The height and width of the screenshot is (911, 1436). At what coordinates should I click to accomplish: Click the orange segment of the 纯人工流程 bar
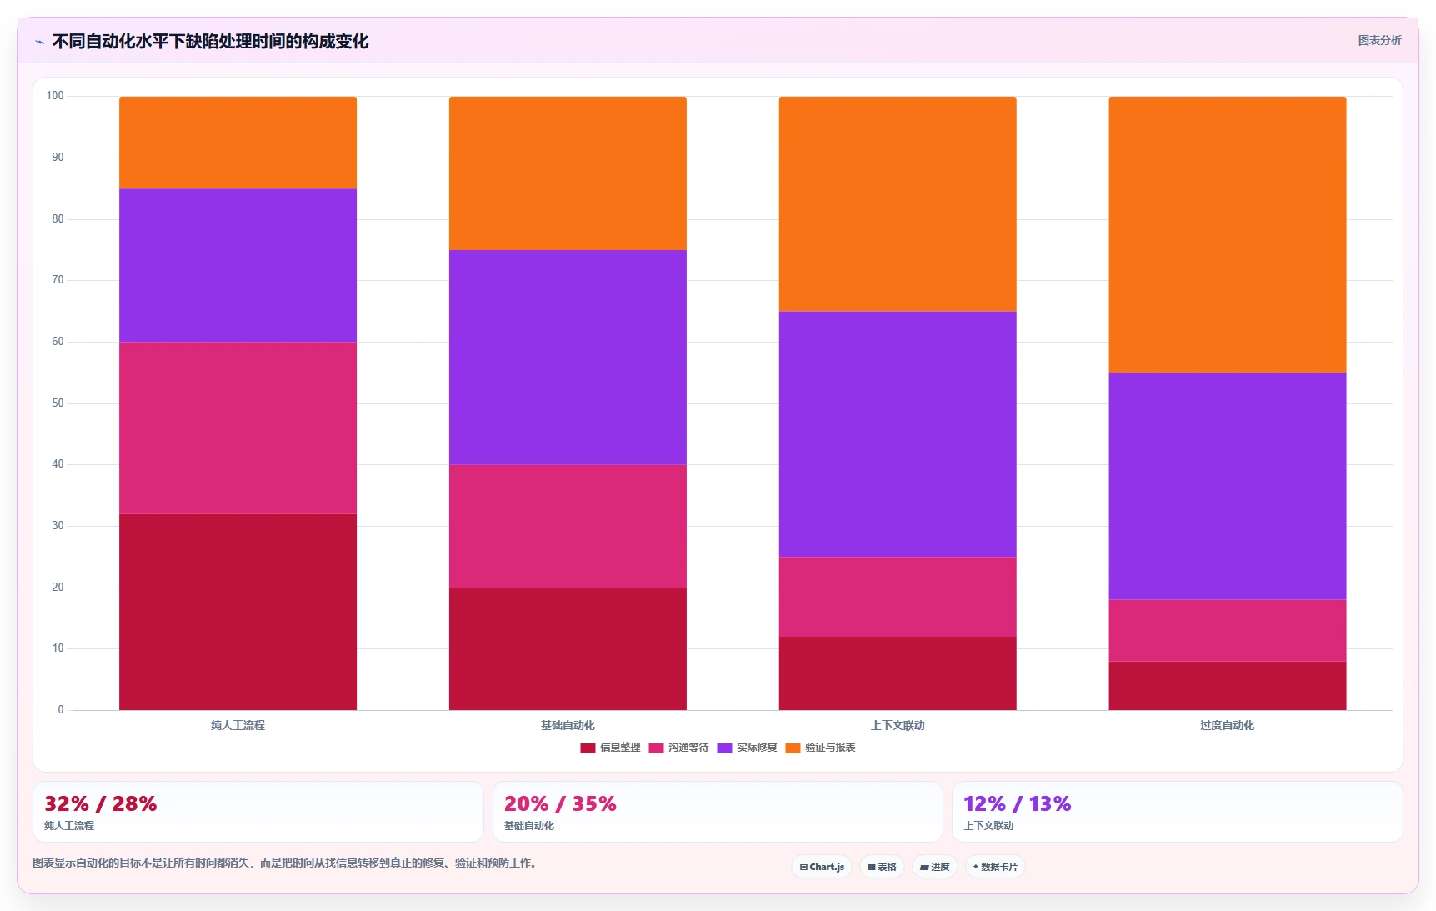point(238,143)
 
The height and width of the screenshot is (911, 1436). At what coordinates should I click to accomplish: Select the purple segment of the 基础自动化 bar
point(568,358)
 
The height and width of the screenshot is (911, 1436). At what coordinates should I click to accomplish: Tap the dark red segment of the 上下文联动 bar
point(898,673)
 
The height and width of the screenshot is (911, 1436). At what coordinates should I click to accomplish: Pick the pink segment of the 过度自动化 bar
point(1228,630)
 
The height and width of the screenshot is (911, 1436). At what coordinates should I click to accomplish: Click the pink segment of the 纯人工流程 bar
point(238,428)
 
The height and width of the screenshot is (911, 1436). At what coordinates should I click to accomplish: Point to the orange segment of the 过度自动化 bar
point(1228,234)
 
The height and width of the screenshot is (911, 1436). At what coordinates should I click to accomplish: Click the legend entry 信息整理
point(611,748)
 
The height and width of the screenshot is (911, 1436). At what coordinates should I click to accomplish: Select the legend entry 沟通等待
point(679,748)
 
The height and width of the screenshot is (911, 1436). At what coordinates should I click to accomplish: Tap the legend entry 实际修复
point(748,748)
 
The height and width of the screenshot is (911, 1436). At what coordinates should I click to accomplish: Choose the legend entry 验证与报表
point(821,748)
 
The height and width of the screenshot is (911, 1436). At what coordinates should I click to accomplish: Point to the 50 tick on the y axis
point(58,403)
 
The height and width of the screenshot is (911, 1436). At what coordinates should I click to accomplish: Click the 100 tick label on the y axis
point(55,96)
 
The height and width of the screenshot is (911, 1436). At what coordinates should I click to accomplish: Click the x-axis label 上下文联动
point(898,725)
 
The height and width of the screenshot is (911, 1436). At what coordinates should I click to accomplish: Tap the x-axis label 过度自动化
point(1228,725)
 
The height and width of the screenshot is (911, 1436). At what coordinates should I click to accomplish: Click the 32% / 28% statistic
point(101,803)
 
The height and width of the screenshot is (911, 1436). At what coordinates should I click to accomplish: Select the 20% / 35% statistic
point(560,803)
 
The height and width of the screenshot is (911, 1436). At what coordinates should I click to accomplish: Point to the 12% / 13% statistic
point(1018,803)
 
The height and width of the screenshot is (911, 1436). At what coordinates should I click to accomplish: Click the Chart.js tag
point(822,867)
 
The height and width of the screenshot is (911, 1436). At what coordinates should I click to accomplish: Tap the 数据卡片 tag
point(995,867)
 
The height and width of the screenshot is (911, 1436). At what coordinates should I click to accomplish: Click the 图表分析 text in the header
point(1379,40)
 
